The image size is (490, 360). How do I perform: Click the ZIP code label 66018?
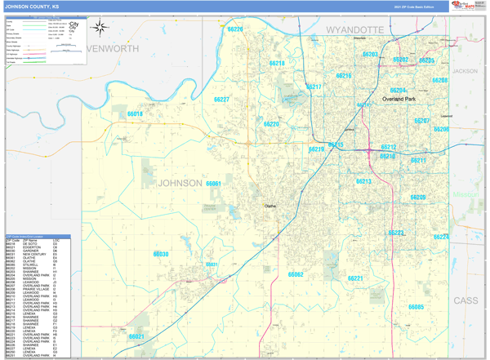134,114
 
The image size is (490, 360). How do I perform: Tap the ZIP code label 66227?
220,100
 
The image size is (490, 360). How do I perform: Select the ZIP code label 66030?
161,255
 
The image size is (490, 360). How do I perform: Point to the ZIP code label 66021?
136,336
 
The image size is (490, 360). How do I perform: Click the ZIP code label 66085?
416,307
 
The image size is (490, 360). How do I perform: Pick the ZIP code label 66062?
296,275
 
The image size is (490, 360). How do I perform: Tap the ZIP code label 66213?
363,181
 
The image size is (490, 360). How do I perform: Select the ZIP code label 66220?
271,124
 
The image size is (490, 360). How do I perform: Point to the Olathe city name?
271,206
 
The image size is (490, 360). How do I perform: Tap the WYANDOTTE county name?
354,29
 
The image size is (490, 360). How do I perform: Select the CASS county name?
465,300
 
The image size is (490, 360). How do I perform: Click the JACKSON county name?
465,71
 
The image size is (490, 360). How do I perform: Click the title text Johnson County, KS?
33,6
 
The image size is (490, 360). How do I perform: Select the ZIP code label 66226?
235,29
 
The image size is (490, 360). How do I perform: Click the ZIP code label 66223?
396,233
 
